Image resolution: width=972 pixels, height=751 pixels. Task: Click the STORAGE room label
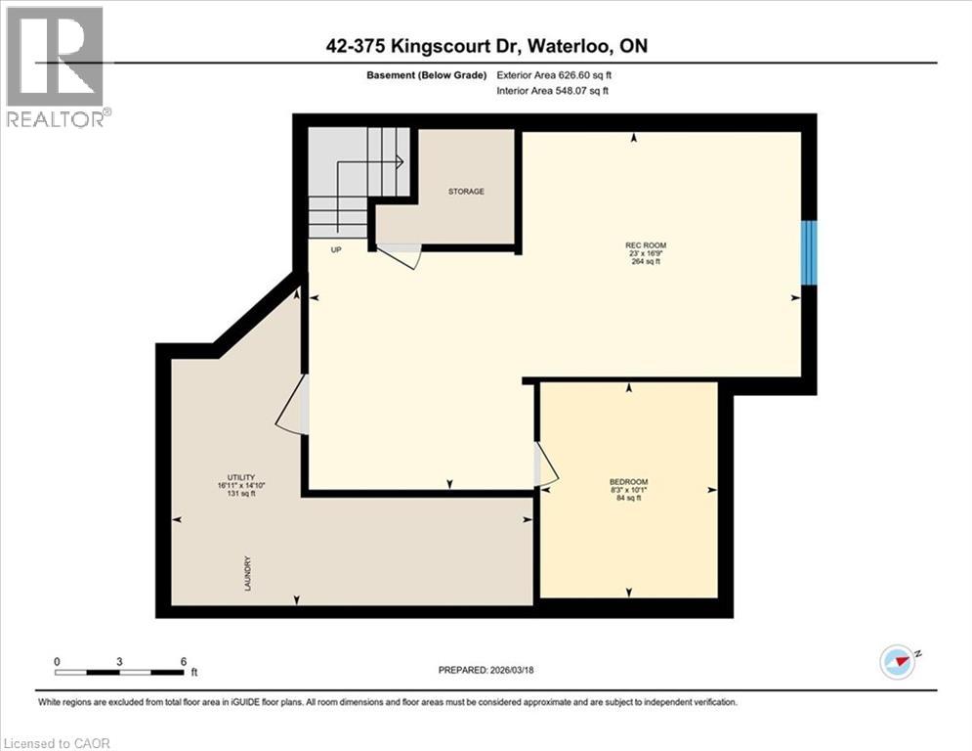[466, 192]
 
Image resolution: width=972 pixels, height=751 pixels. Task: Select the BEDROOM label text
[627, 482]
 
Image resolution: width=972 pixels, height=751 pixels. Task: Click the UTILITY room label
[229, 477]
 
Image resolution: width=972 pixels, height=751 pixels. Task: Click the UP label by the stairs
[336, 250]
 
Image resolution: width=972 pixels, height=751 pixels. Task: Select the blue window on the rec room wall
[809, 253]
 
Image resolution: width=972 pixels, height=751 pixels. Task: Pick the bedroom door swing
[545, 464]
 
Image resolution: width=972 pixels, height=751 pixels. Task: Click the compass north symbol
[898, 661]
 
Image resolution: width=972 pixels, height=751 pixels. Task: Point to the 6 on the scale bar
[184, 662]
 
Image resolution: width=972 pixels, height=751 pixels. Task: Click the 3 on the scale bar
[119, 662]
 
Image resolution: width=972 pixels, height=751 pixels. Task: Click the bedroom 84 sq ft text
[627, 499]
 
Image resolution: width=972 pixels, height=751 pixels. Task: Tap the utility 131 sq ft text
[229, 494]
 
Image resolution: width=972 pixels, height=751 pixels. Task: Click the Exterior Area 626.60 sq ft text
[558, 74]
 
